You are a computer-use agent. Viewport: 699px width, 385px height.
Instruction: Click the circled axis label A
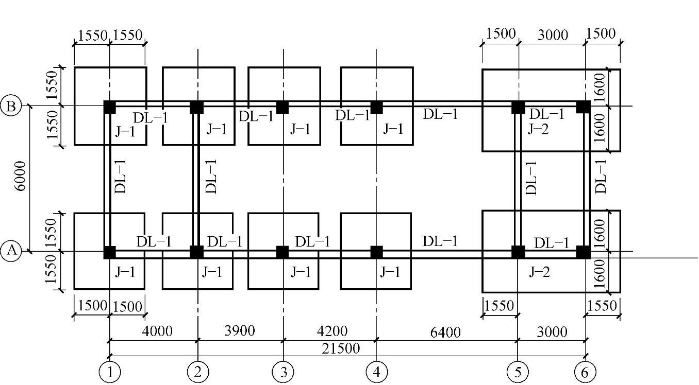(x=12, y=252)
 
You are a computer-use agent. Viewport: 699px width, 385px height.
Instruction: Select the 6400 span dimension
(x=445, y=332)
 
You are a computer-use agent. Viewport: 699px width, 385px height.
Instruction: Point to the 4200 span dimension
(x=330, y=331)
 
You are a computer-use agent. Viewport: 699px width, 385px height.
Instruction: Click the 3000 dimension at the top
(x=552, y=34)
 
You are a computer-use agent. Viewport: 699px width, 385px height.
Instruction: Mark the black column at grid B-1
(x=109, y=107)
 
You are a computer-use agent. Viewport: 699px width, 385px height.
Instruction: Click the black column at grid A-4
(x=376, y=252)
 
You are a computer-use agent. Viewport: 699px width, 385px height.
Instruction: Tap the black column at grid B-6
(x=583, y=107)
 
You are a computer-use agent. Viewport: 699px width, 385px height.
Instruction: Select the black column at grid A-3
(x=282, y=252)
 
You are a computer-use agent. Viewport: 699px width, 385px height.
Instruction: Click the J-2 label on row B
(x=538, y=129)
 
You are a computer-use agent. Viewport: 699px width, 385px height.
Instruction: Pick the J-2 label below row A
(x=539, y=272)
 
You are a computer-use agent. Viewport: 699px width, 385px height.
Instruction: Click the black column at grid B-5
(x=518, y=107)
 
